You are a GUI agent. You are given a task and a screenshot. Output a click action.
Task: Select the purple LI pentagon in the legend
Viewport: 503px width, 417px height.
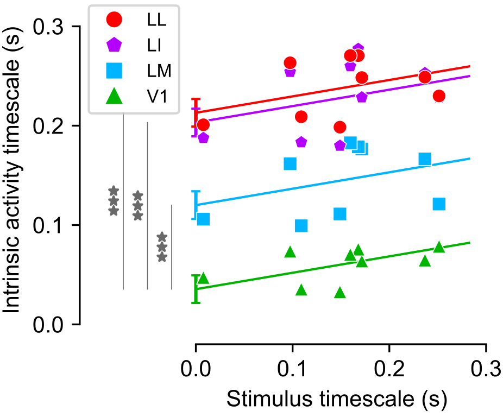115,45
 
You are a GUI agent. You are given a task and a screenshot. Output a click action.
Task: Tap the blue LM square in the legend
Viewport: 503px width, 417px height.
115,70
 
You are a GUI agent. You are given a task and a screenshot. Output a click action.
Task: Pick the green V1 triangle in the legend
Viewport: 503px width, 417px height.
115,95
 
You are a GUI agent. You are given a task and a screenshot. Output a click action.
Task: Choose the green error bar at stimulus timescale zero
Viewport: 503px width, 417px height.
196,289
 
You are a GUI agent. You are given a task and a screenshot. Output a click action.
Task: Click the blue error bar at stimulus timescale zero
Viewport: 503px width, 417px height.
196,205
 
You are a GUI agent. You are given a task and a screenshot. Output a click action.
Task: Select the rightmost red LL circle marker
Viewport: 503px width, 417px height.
439,96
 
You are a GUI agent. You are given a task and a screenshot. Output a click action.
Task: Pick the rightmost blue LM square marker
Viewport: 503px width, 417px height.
439,204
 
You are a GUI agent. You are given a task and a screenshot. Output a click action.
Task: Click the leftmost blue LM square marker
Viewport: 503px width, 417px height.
203,219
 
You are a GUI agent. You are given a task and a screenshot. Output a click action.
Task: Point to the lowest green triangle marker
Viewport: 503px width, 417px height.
340,293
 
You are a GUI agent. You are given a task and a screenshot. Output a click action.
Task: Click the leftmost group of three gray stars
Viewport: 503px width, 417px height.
114,201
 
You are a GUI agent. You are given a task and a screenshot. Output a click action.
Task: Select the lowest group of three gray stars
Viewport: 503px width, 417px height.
162,247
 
